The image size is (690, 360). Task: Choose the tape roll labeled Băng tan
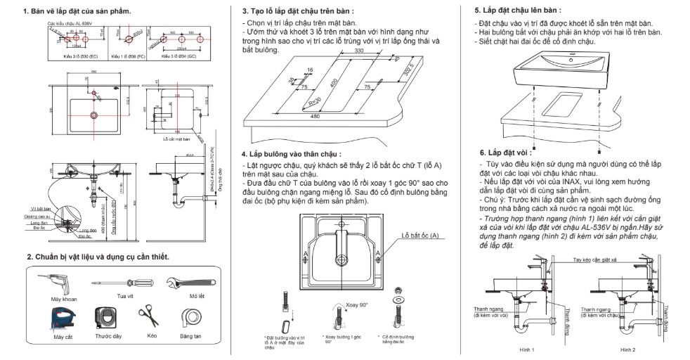pos(190,317)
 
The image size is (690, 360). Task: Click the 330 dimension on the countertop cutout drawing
pos(360,51)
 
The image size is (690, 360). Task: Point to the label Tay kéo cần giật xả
pos(598,259)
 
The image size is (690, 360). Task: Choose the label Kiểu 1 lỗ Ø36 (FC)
pos(132,56)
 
